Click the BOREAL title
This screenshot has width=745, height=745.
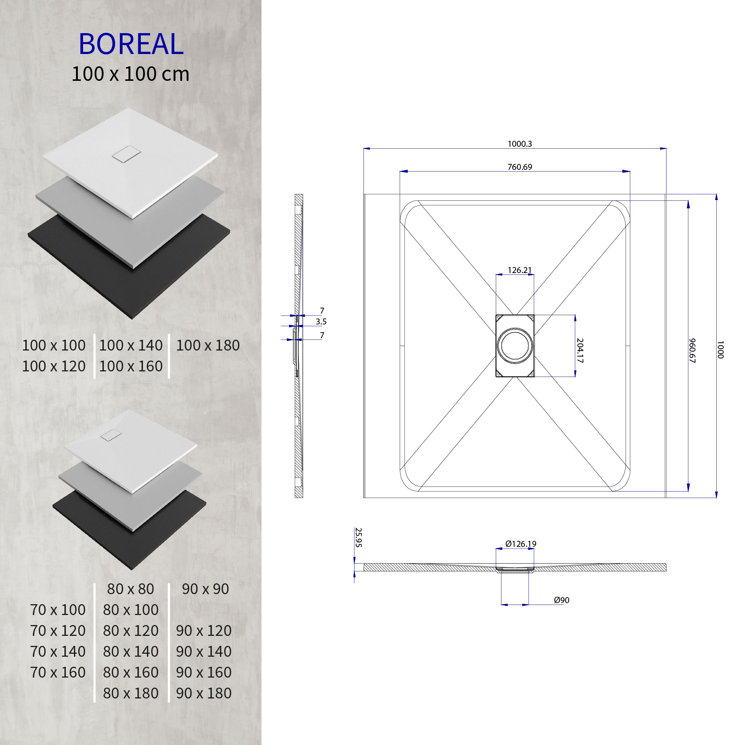131,44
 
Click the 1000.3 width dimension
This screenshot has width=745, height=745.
519,144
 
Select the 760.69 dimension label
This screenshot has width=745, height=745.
519,167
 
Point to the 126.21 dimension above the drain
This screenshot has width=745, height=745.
519,270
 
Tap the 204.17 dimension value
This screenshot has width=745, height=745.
580,351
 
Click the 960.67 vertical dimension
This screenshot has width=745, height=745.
692,351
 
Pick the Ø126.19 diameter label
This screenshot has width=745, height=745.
521,544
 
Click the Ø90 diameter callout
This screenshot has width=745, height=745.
561,600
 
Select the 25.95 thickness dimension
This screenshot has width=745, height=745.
358,538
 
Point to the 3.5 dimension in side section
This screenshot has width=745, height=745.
321,321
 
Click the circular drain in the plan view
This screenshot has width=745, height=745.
515,346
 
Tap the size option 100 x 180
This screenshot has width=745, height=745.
208,346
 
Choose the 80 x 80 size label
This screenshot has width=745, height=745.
130,589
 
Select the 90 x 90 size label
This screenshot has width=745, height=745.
205,589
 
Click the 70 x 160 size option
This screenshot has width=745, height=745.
58,672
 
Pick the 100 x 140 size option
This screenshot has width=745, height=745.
131,346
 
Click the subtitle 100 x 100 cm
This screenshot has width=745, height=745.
130,74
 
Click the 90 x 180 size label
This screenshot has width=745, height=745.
204,693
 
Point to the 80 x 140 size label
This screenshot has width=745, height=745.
131,651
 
